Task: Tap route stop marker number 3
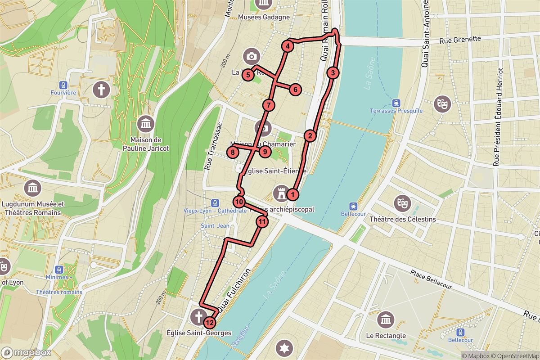[x=333, y=73]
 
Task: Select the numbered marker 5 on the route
[x=247, y=75]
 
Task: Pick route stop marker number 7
[x=268, y=106]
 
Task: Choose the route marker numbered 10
[x=239, y=202]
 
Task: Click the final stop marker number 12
[x=209, y=322]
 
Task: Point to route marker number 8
[x=232, y=153]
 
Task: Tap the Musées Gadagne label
[x=264, y=18]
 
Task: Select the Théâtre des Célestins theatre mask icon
[x=402, y=203]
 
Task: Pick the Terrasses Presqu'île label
[x=396, y=111]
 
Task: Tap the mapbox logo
[x=26, y=352]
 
